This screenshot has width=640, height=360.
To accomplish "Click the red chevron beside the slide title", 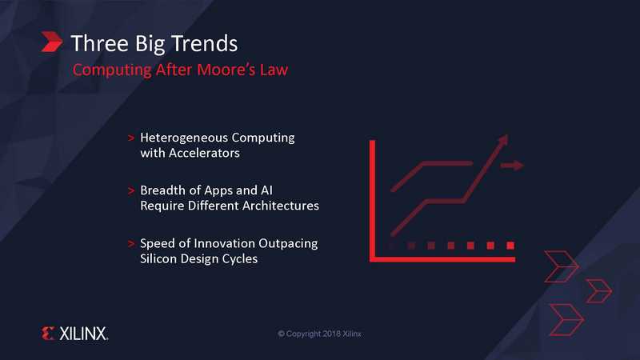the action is (52, 42).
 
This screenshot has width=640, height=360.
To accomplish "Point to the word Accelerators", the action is (204, 153).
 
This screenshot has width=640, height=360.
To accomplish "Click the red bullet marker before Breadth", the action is (131, 190).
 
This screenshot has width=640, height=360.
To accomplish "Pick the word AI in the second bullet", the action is (266, 190).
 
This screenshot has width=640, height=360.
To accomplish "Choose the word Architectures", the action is (270, 206).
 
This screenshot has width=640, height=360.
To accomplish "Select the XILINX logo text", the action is (84, 334).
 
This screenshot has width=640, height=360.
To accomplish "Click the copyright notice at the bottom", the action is (319, 334).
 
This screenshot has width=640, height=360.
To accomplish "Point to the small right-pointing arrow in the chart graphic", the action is (512, 166).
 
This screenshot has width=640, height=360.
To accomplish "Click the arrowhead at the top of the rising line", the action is (503, 139).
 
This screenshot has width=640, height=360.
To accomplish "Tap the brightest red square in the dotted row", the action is (510, 246).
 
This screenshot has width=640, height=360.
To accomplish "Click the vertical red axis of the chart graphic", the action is (372, 201).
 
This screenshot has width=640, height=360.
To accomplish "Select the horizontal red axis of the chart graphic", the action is (442, 259).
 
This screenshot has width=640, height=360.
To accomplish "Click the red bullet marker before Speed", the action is (131, 244).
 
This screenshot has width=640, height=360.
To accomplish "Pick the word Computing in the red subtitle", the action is (112, 70).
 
